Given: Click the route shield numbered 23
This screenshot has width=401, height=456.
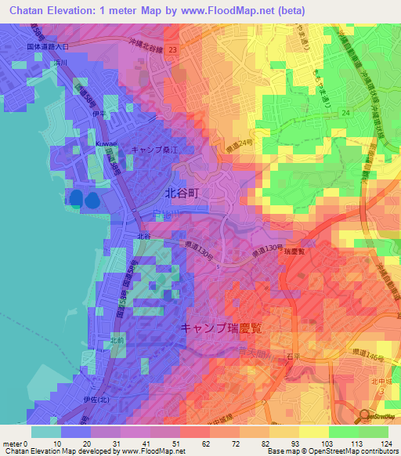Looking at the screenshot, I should point(172,49).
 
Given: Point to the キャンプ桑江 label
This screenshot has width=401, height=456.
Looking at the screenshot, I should point(155,149).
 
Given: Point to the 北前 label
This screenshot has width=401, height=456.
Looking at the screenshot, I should point(117,340).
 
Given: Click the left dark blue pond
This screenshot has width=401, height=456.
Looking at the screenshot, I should point(76,197).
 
